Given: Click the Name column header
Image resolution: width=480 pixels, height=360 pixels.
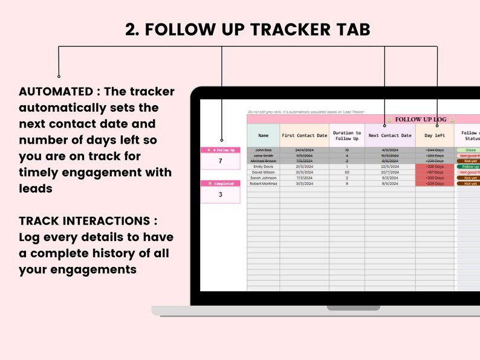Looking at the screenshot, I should click(x=263, y=135).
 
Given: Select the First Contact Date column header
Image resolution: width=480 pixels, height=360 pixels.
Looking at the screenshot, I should click(x=305, y=135).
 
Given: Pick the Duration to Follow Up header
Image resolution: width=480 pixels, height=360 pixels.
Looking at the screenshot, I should click(x=346, y=135).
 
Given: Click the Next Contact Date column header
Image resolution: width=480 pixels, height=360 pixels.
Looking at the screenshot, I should click(x=390, y=135).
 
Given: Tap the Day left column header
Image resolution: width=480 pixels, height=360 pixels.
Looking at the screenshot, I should click(x=434, y=135).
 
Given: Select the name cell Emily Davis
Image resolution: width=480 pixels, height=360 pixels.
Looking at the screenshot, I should click(x=263, y=167).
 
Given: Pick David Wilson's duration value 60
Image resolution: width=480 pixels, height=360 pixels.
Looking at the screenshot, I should click(x=346, y=172).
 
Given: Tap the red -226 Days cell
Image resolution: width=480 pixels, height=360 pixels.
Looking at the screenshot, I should click(x=434, y=167).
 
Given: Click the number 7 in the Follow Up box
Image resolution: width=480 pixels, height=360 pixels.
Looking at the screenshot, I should click(x=220, y=161).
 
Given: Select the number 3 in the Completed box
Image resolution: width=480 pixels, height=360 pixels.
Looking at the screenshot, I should click(x=220, y=194).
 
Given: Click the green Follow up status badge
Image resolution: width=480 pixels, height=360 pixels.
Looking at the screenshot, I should click(x=469, y=167).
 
